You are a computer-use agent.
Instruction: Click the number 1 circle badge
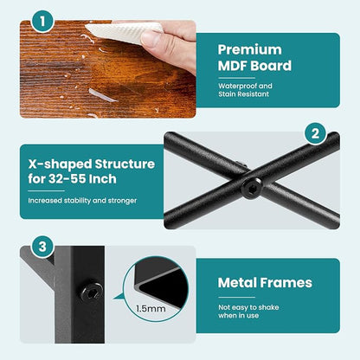click(x=42, y=22)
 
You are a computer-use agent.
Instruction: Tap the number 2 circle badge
click(x=315, y=133)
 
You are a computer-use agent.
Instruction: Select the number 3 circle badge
click(x=42, y=247)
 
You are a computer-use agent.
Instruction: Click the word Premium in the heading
click(x=250, y=50)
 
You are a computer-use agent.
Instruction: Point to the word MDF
click(x=233, y=66)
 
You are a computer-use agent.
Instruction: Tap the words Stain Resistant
click(x=244, y=94)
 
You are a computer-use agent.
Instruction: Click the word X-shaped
click(x=60, y=164)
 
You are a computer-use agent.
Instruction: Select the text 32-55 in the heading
click(x=67, y=179)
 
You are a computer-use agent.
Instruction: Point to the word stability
click(x=77, y=201)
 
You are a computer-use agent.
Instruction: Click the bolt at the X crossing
click(x=252, y=188)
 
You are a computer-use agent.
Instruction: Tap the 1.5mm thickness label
click(x=151, y=309)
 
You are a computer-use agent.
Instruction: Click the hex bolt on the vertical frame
click(x=92, y=292)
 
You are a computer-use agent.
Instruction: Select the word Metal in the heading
click(x=237, y=283)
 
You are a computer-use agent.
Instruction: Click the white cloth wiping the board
click(x=124, y=32)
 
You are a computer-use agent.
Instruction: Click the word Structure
click(x=125, y=164)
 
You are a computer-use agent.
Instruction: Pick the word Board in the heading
click(x=271, y=66)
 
